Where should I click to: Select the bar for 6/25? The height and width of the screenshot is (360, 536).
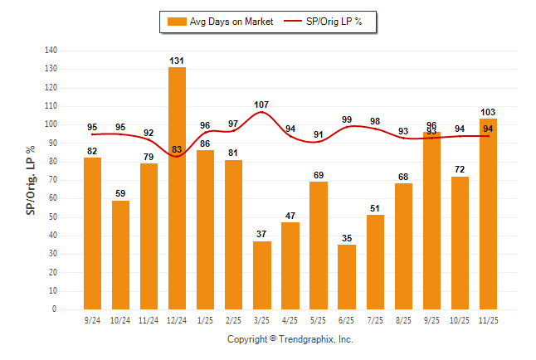pos(347,277)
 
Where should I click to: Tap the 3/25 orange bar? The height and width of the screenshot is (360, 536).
pos(262,275)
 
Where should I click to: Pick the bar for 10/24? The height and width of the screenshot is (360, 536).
pos(120,255)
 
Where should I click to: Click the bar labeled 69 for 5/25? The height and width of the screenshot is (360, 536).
pos(319,246)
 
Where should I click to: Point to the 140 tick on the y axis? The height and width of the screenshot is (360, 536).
pos(51,51)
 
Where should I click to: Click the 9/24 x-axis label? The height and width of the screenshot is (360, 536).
pos(92,319)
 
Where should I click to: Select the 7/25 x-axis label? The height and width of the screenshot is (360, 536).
pos(375,319)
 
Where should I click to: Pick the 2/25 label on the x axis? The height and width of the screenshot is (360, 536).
pos(233,319)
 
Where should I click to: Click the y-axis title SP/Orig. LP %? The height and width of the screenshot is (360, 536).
pos(31,180)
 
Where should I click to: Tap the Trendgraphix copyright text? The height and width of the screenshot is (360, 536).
pos(290,339)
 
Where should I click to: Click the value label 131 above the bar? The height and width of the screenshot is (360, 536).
pos(177,61)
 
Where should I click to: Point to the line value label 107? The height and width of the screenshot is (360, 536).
pos(261,105)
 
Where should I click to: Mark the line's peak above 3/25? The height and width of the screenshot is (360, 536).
pos(261,112)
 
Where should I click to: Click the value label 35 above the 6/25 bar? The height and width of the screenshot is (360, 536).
pos(347,238)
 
